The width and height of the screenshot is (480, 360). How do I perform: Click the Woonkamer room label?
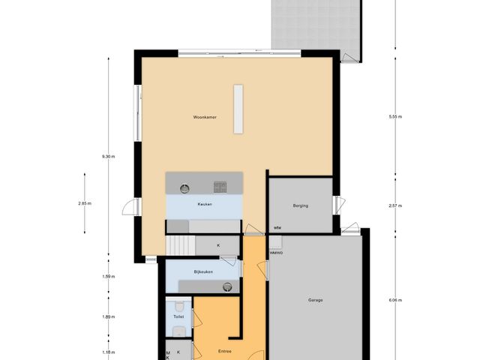pos(205,118)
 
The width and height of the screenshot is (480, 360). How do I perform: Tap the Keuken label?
pos(205,204)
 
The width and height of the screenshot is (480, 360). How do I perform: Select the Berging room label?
pos(300,205)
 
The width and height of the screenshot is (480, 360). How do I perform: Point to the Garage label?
pos(315,300)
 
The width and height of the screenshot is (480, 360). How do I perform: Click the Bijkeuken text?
pos(203,271)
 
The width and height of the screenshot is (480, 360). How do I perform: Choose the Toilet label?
pos(178,317)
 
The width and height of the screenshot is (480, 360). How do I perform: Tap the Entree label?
pos(225,350)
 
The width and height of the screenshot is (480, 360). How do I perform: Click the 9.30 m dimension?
pos(109,156)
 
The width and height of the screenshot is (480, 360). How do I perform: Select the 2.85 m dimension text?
pos(84,204)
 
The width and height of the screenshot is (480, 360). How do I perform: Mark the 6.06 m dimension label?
pos(395,300)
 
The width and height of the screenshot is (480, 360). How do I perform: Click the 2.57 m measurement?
pos(395,205)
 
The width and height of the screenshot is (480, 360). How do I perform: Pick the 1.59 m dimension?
pos(109,277)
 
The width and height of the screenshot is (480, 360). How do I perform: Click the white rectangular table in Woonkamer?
pos(238,109)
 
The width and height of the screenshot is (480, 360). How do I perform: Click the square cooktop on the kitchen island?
pos(220,184)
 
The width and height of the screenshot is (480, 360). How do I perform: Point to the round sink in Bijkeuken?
pos(226,286)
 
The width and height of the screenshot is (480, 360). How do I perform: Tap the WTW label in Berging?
pos(277,227)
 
